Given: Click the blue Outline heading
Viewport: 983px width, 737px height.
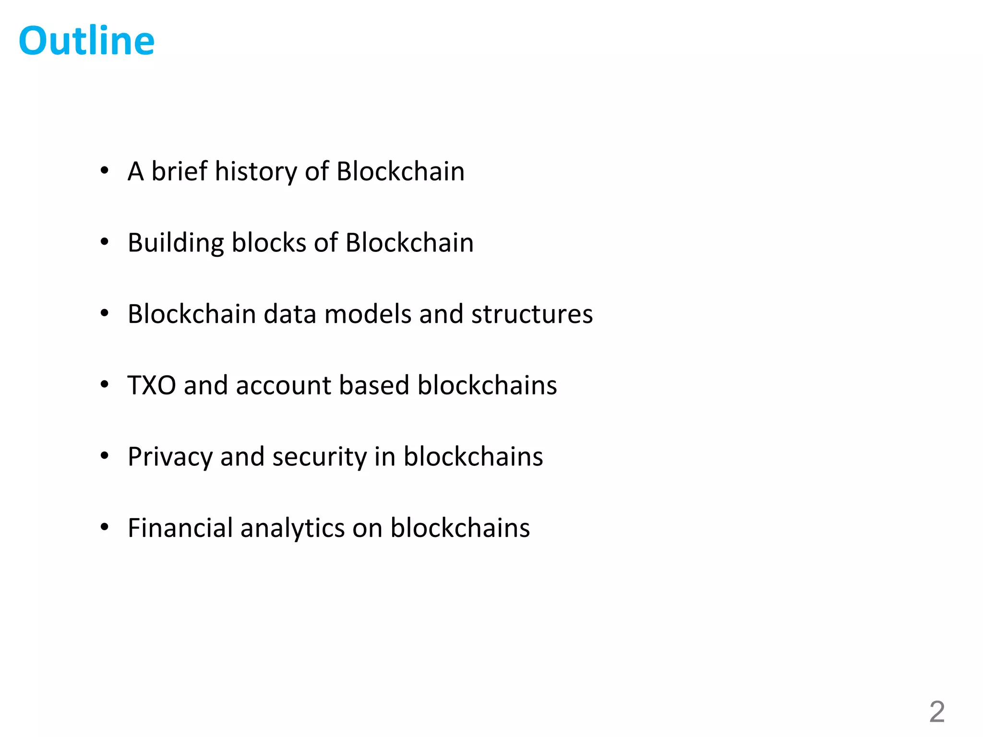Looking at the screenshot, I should [86, 41].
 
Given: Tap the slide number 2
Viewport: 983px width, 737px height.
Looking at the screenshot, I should [937, 712].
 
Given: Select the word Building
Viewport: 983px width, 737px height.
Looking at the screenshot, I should [176, 243].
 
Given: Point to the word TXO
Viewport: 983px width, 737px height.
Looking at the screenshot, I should [152, 385].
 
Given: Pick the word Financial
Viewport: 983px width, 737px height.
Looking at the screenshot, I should [180, 528].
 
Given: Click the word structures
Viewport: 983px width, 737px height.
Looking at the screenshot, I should [532, 314].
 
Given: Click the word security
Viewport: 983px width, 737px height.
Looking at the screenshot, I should [319, 457].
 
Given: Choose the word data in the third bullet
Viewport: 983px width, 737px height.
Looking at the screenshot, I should [290, 314].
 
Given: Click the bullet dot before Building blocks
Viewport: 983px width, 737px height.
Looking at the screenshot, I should [105, 242].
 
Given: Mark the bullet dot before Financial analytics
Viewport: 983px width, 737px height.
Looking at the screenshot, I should [105, 527].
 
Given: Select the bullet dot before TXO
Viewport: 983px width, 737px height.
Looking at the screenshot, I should [105, 384].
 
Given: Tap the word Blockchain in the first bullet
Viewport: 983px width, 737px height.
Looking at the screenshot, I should [400, 171].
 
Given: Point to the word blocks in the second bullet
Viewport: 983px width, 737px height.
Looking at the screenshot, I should [269, 243].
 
